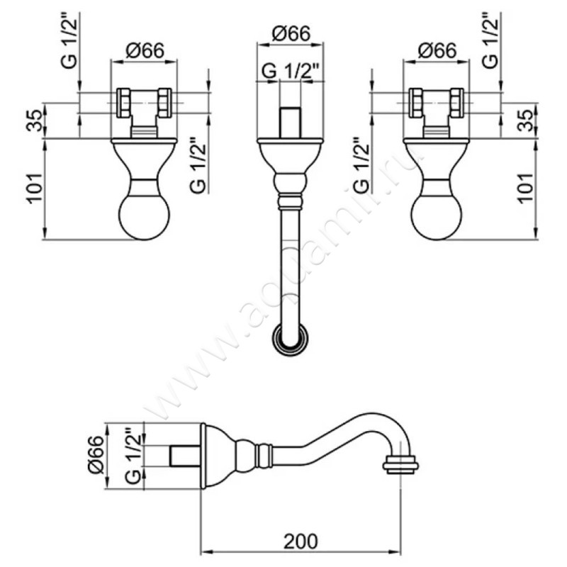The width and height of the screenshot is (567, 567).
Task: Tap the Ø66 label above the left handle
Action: coord(145,50)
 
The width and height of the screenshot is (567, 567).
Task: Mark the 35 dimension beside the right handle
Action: coord(525,120)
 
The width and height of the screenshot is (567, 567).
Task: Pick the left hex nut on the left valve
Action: coord(123,103)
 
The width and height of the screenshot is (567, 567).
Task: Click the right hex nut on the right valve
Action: coord(458,103)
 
